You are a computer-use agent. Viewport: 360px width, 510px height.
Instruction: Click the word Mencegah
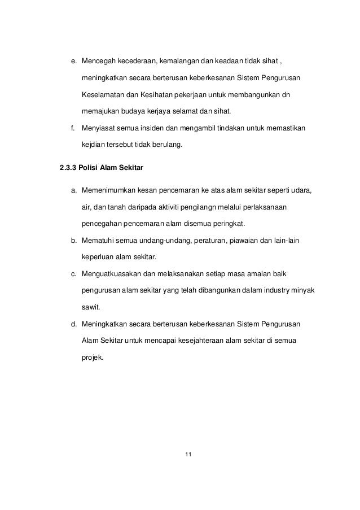click(98, 60)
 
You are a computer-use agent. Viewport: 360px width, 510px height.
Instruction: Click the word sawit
click(90, 307)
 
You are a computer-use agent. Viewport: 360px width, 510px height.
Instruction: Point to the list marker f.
click(73, 128)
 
